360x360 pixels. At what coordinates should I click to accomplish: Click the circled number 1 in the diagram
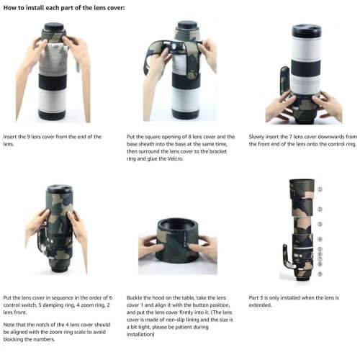[320, 189]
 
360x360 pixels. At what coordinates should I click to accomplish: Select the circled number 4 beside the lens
[320, 238]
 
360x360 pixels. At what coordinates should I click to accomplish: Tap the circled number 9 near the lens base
[320, 274]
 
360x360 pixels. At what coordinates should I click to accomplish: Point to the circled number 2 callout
[320, 209]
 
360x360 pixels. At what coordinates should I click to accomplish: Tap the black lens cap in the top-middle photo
[188, 25]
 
